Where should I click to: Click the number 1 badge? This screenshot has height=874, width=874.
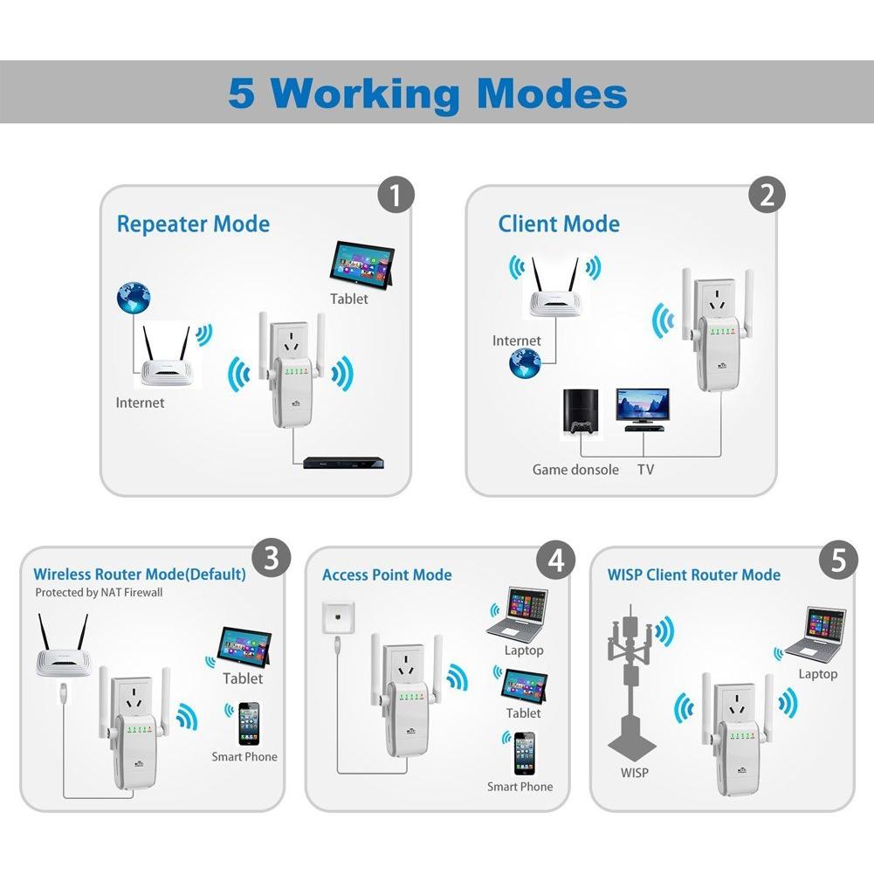(x=396, y=195)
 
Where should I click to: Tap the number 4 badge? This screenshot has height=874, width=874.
(x=555, y=561)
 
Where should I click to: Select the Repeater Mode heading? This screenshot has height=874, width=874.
(x=193, y=224)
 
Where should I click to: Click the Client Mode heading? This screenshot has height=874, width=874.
(x=559, y=224)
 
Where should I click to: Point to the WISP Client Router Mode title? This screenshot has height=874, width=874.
(x=694, y=575)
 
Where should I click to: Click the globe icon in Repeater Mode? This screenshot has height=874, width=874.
(x=134, y=298)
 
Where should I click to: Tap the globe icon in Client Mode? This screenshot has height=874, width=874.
(x=525, y=363)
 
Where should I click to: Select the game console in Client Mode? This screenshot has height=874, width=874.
(x=582, y=411)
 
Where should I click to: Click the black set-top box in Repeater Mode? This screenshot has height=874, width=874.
(x=343, y=463)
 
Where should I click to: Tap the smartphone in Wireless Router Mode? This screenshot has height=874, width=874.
(x=249, y=724)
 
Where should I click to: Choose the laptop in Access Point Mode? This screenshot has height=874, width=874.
(x=518, y=615)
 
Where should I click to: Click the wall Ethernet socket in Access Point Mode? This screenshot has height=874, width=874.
(x=338, y=617)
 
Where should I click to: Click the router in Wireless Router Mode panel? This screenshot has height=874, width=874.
(x=63, y=646)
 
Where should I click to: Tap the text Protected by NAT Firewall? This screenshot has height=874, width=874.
(x=99, y=593)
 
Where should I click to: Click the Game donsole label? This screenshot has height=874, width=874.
(x=575, y=470)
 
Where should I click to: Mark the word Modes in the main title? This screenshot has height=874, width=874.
(x=552, y=93)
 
